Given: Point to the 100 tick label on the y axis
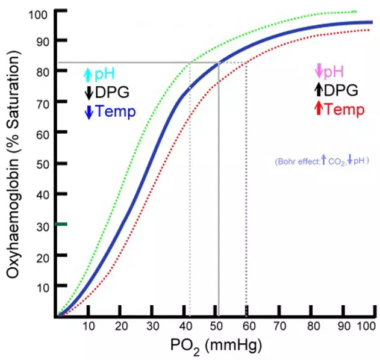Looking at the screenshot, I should [x=39, y=12].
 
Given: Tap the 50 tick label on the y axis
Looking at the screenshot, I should [x=42, y=163].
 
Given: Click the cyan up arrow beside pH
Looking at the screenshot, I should [x=88, y=75].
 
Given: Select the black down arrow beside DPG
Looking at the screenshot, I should [x=89, y=93].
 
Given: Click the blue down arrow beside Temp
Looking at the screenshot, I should [x=89, y=112].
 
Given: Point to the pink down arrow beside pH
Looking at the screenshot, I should [x=319, y=72].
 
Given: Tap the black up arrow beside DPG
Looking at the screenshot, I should [x=319, y=90].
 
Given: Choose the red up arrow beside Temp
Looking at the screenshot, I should [x=319, y=110].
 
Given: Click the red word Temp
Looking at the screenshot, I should [x=344, y=110].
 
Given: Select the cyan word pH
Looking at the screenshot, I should [x=105, y=75].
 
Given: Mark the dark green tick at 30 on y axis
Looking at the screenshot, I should [x=58, y=224].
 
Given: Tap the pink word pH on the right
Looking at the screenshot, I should [x=335, y=72].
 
